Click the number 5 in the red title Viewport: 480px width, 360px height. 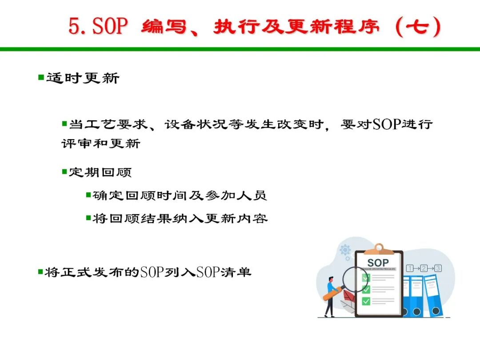(x=74, y=26)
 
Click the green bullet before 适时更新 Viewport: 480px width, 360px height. (x=41, y=77)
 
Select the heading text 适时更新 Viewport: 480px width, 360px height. (x=83, y=78)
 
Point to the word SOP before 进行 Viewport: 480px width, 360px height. (x=387, y=124)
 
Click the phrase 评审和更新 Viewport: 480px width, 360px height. (x=101, y=143)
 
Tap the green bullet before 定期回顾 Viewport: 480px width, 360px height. (x=64, y=172)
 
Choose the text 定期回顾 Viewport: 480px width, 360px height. (x=100, y=172)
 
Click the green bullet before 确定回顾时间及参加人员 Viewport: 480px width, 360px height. (x=88, y=195)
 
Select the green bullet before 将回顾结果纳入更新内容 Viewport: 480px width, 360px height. (x=88, y=218)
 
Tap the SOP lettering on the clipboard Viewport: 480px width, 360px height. (x=378, y=263)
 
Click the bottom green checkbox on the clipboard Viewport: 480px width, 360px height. (x=366, y=301)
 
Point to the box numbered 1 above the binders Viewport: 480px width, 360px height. (x=410, y=268)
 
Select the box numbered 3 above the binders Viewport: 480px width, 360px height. (x=438, y=268)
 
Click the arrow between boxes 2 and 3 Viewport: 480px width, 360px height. (x=431, y=268)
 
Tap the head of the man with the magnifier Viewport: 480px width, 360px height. (x=331, y=280)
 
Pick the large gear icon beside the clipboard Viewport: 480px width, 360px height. (x=345, y=250)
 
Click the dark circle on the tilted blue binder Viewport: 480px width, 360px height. (x=436, y=311)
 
